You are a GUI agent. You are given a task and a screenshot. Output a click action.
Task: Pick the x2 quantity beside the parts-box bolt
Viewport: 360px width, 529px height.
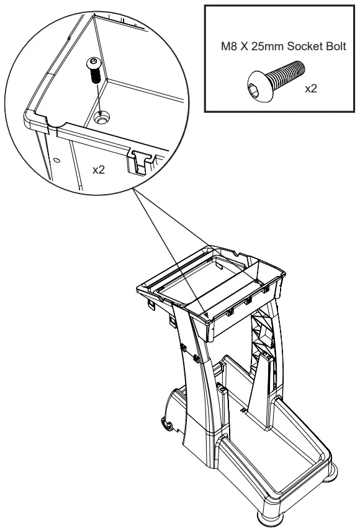point(311,89)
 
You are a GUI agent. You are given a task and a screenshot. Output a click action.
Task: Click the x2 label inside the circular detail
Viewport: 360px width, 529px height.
point(98,169)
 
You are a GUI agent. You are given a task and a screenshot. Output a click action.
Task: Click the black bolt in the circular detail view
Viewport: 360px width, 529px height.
point(95,69)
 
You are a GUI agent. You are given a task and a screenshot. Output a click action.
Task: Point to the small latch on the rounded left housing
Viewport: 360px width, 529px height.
point(167,424)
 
